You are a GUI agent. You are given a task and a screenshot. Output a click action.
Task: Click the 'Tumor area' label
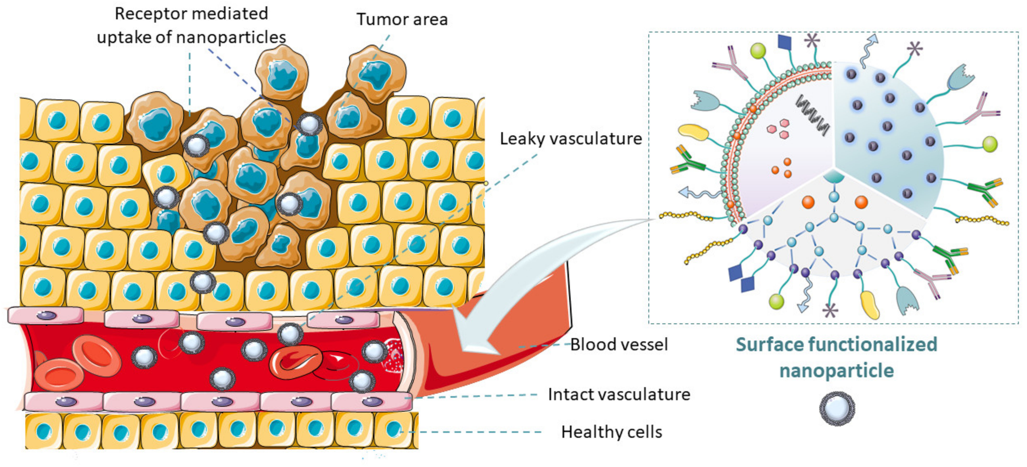coord(402,19)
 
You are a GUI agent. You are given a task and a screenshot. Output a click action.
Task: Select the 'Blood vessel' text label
coord(619,344)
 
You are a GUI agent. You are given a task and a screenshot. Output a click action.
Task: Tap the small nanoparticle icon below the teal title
coord(837,408)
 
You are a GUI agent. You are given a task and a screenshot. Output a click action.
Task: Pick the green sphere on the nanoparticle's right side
coord(990,144)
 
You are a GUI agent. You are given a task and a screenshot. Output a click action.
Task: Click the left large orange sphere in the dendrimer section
coord(808,202)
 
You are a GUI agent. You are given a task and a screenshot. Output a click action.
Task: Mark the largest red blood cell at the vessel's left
coord(97,356)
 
